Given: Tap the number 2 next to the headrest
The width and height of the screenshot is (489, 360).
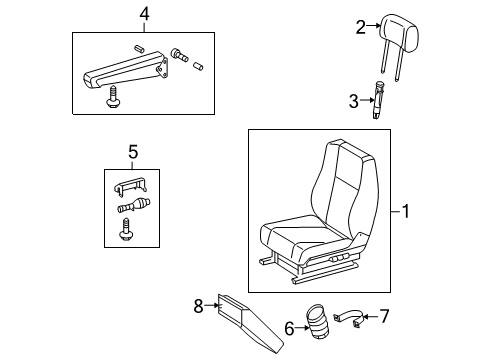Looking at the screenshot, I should click(x=361, y=28).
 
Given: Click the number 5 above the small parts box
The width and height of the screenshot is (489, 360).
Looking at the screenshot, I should click(x=131, y=153).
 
